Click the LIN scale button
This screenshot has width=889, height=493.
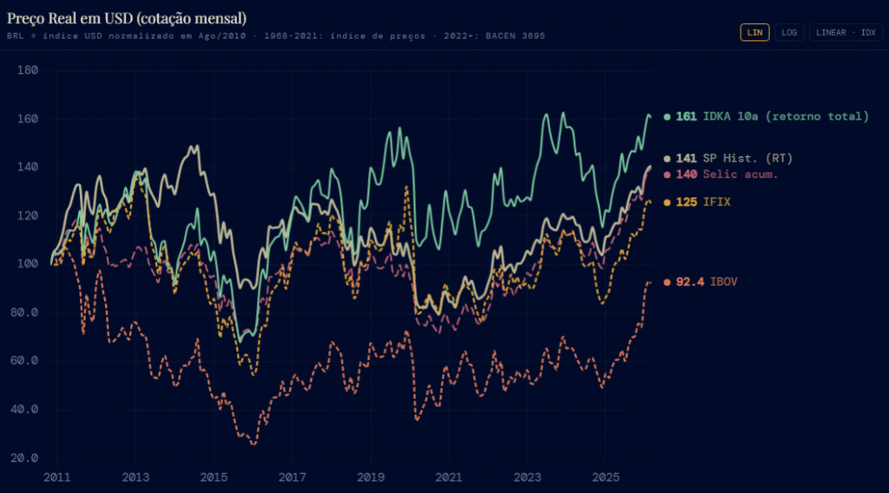[754, 32]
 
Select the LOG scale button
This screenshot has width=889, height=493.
[789, 32]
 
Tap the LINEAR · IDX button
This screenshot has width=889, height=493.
[846, 32]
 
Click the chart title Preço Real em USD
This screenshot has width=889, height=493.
[126, 17]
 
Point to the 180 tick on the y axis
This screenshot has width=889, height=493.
[28, 69]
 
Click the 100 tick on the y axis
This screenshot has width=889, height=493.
[28, 264]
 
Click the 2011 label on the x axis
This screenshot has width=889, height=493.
[56, 477]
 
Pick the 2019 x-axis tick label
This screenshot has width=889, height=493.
[370, 477]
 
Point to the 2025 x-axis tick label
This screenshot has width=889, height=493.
[604, 477]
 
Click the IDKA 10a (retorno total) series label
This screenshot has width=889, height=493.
[786, 116]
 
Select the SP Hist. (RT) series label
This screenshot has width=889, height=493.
[747, 158]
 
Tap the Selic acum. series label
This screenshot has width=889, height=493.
[741, 174]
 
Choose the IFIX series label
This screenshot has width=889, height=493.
[717, 202]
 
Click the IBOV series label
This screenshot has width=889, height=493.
[724, 282]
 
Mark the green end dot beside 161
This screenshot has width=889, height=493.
[667, 116]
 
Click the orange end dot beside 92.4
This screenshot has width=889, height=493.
[667, 282]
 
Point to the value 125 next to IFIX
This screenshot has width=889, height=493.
[687, 202]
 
